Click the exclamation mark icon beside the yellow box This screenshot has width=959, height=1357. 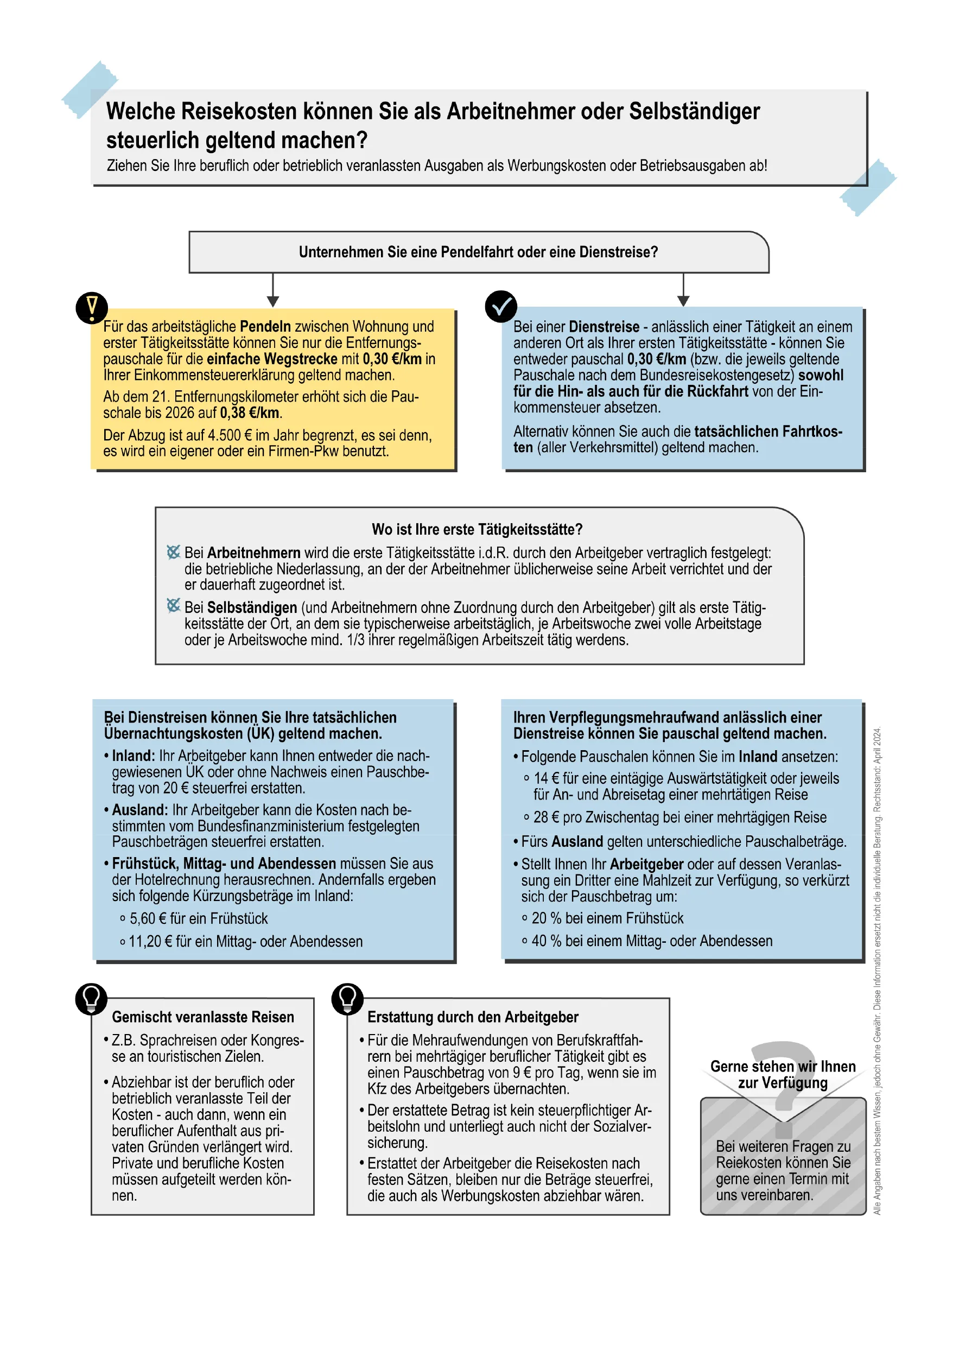pos(92,307)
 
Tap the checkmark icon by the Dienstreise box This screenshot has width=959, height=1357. pos(500,306)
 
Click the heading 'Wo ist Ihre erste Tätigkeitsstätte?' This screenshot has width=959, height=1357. pos(477,529)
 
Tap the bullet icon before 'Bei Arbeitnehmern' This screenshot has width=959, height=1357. pos(173,552)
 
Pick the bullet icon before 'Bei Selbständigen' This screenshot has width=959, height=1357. pos(173,606)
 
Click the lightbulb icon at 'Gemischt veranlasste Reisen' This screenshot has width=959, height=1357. pos(92,998)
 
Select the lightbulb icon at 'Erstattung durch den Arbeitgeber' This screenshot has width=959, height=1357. pos(347,998)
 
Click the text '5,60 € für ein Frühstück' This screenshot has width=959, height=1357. pos(199,918)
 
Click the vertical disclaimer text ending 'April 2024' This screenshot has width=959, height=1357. pos(877,969)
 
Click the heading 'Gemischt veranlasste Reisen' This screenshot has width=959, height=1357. pos(202,1017)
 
